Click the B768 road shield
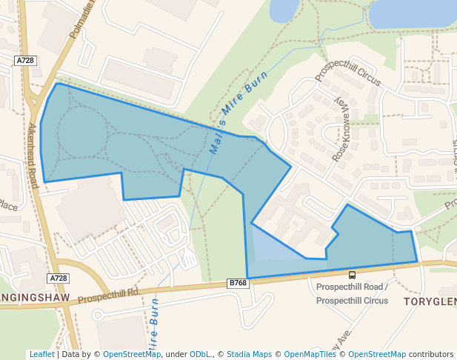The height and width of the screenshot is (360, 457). [x=237, y=283]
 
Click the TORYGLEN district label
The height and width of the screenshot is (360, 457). [x=430, y=301]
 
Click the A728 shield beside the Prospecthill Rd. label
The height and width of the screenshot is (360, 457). [x=59, y=279]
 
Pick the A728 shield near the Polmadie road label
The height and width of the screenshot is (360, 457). [x=25, y=59]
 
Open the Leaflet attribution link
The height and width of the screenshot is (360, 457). [x=41, y=355]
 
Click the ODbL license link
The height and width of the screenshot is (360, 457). [x=200, y=355]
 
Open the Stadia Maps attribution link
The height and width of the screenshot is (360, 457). [x=249, y=355]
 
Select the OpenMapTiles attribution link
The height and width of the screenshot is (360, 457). [x=310, y=355]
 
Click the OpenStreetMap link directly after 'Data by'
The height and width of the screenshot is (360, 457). [x=132, y=355]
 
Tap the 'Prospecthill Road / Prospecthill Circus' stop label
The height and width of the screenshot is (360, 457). [x=352, y=293]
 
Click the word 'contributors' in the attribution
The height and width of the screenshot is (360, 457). [x=431, y=355]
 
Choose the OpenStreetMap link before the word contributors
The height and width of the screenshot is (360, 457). [x=377, y=355]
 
